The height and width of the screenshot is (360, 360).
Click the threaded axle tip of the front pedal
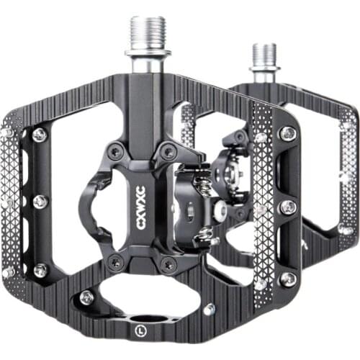tap(148, 32)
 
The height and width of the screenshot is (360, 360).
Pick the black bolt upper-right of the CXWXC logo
tap(168, 152)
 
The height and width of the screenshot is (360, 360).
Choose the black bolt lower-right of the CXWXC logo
tap(168, 264)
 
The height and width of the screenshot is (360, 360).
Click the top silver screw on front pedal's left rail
tap(39, 134)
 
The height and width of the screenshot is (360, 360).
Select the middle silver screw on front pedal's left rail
tap(40, 202)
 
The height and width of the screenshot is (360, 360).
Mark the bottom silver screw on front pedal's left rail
tap(40, 270)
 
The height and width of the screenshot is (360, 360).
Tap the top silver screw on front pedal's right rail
tap(287, 133)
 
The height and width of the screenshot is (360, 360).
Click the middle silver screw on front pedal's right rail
tap(288, 207)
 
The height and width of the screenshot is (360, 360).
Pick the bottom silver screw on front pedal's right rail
tap(287, 279)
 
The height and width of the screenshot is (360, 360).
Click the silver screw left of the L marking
tap(87, 296)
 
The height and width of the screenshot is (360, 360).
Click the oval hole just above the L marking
tap(151, 318)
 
